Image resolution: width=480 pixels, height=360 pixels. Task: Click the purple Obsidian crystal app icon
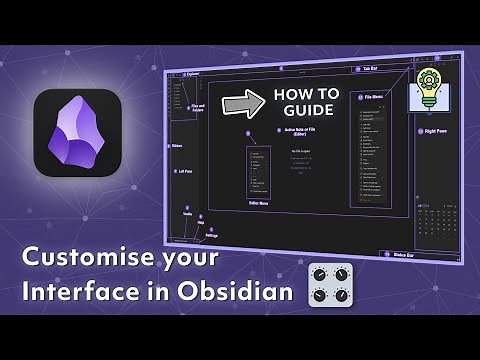tap(79, 141)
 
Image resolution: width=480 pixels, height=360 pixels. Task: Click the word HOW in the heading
tap(288, 95)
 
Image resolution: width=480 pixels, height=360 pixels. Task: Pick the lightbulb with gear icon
tap(428, 89)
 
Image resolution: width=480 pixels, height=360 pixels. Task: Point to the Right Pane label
tap(434, 131)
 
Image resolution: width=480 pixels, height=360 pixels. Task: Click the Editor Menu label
tap(259, 204)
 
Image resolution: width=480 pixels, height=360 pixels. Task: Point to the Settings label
tap(212, 235)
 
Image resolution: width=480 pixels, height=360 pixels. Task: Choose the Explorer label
tap(189, 73)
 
